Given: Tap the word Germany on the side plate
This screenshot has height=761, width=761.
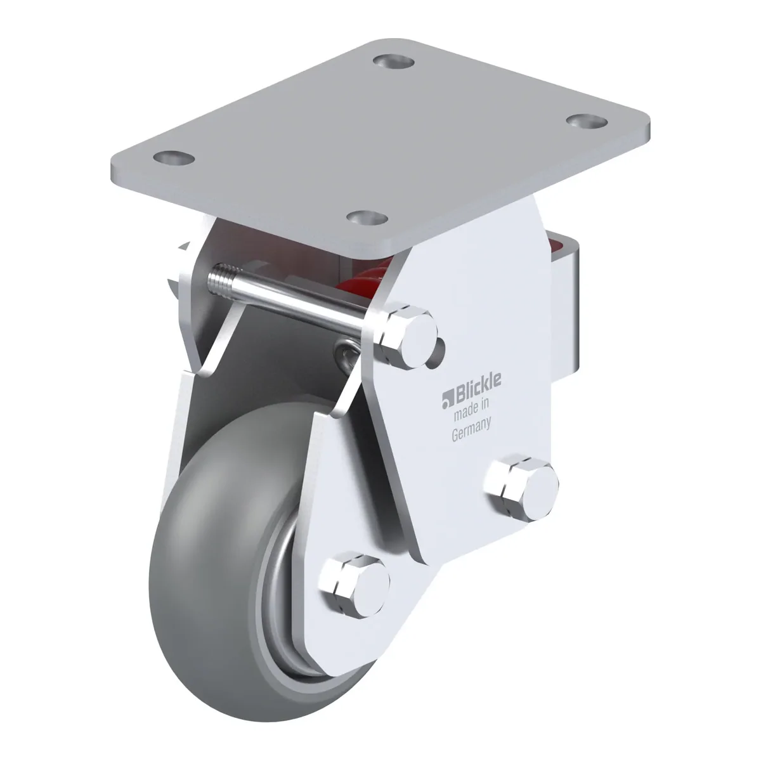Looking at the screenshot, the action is [471, 429].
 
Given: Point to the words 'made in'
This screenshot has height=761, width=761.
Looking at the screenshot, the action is [472, 407].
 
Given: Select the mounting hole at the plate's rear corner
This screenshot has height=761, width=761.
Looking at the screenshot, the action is [394, 62].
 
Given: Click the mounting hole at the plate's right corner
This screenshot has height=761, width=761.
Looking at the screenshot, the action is [587, 120].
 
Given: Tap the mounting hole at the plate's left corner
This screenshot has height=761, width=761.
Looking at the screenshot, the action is [174, 159].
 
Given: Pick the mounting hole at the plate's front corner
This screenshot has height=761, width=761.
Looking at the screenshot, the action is [367, 218].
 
